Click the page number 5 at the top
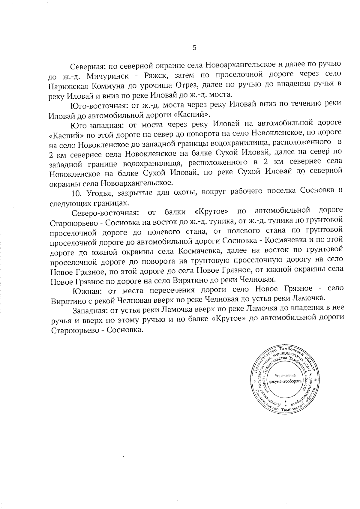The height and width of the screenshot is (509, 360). [x=194, y=48]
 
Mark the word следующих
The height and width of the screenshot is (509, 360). [x=71, y=203]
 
